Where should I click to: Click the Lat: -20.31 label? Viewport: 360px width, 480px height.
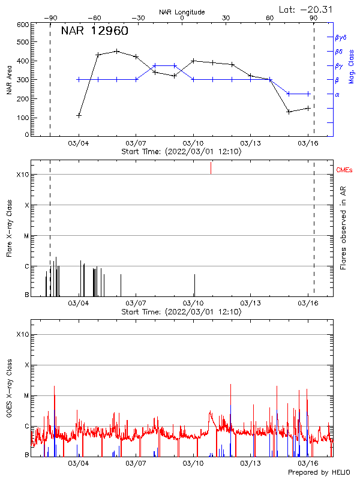[x=306, y=8]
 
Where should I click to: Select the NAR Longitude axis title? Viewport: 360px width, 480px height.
[x=182, y=12]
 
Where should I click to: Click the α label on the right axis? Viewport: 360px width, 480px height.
[x=337, y=94]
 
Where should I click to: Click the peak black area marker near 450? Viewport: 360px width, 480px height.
[x=117, y=52]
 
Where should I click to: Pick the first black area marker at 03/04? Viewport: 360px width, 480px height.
[x=79, y=115]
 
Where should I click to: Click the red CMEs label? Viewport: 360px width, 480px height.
[x=344, y=170]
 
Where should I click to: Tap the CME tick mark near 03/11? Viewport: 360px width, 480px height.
[x=211, y=168]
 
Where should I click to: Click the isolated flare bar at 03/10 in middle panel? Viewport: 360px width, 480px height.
[x=194, y=284]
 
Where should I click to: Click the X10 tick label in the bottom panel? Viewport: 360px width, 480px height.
[x=23, y=334]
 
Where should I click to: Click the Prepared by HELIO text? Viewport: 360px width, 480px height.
[x=319, y=473]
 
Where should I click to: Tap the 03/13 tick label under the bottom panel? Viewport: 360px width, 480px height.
[x=250, y=464]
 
